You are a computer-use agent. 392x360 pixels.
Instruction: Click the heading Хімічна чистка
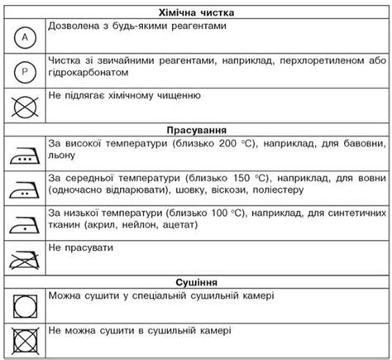196,13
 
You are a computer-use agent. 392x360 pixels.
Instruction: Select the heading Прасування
196,131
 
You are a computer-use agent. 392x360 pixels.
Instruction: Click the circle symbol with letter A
24,37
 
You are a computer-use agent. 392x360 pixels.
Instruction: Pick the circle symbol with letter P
24,72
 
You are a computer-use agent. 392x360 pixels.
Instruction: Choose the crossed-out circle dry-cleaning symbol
24,104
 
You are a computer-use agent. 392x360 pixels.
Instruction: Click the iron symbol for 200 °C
24,153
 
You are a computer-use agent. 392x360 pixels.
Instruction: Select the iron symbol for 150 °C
24,187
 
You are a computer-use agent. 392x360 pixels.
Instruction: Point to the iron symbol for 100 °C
24,221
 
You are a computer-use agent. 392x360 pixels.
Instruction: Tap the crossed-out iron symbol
24,258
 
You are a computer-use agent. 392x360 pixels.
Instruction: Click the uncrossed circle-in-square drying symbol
24,305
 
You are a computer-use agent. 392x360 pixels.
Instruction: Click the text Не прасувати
80,247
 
